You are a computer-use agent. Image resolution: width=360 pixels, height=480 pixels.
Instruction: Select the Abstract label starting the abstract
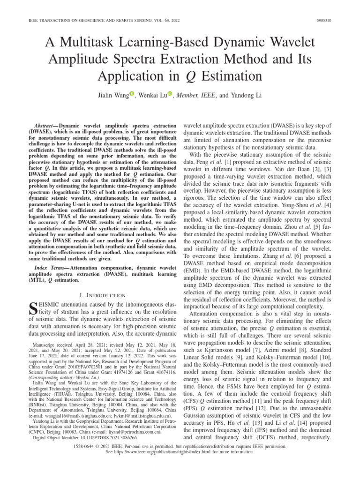point(45,127)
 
